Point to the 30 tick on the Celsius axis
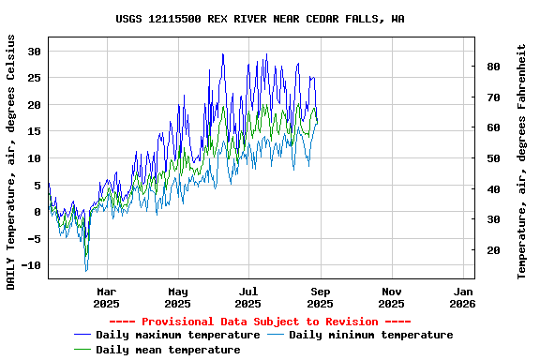(36, 52)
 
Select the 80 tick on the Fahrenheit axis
(491, 67)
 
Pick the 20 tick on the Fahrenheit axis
(491, 250)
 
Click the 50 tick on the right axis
(491, 158)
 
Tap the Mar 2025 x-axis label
(106, 297)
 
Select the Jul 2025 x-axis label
(248, 297)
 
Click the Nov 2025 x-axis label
(391, 297)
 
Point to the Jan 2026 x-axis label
(462, 297)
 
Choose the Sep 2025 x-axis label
(320, 297)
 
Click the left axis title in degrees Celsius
(11, 161)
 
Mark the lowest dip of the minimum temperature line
(86, 271)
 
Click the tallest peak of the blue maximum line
(223, 53)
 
